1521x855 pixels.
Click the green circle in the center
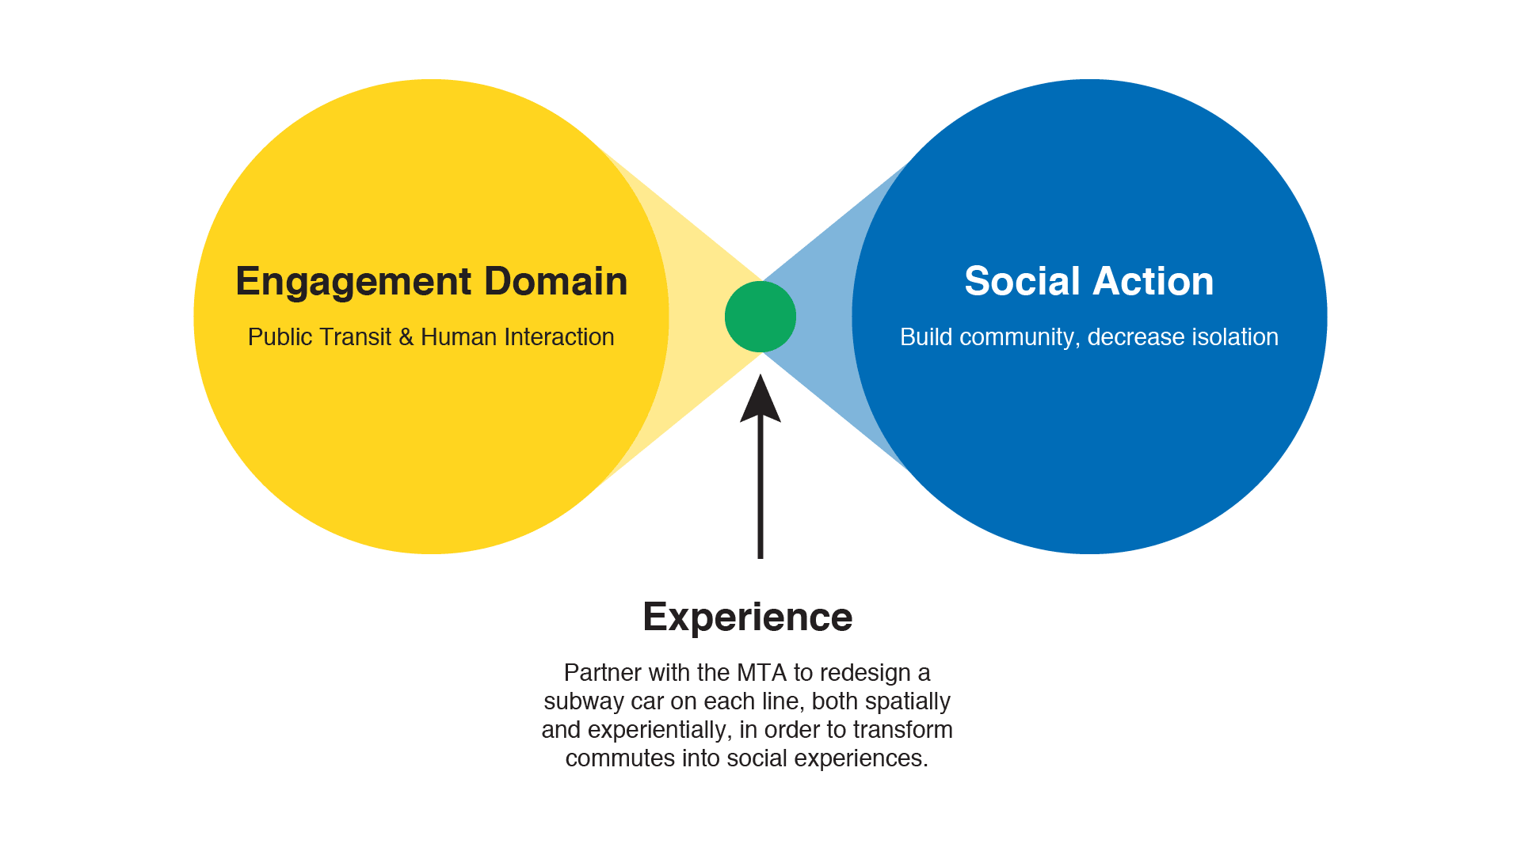point(760,317)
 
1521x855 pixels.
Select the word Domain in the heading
point(556,281)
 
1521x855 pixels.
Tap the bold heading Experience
point(748,617)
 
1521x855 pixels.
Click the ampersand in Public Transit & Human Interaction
point(406,337)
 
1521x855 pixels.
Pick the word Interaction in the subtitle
point(558,337)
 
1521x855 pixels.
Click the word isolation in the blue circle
point(1234,337)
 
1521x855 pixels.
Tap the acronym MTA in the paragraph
point(762,673)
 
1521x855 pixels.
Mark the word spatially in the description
point(908,702)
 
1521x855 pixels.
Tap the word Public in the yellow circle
point(280,337)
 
